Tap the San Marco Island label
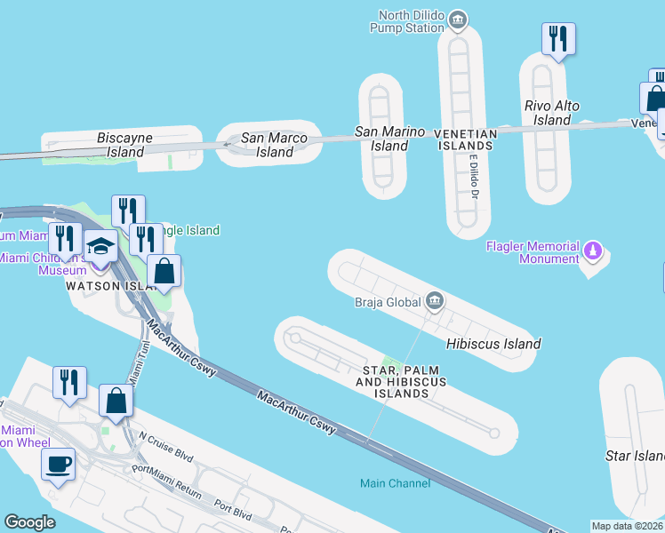(275, 145)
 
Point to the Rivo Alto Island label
(552, 113)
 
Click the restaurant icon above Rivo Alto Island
(558, 38)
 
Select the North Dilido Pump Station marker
(458, 18)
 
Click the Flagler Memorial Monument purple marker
(594, 251)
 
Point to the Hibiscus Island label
(493, 344)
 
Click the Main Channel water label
(395, 483)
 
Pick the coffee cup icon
(59, 464)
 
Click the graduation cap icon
(100, 248)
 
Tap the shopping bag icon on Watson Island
(164, 271)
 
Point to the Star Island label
(634, 456)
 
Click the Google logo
(30, 522)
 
